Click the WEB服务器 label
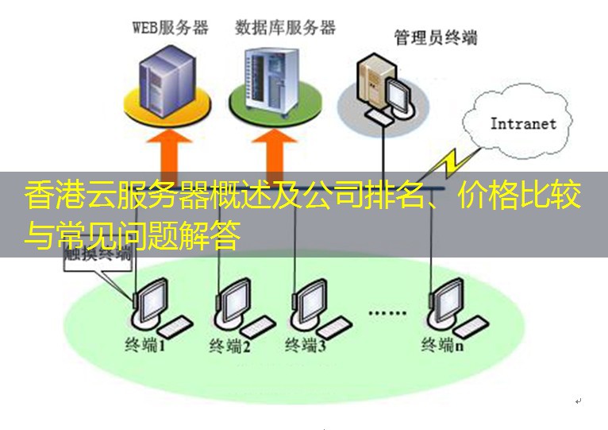tap(170, 28)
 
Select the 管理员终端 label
tap(436, 37)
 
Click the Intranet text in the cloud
tap(523, 123)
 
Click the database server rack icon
tap(272, 79)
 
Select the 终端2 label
tap(230, 347)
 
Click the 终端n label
tap(442, 345)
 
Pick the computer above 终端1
tap(155, 306)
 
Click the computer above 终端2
tap(238, 306)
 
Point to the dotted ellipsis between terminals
tap(387, 313)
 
